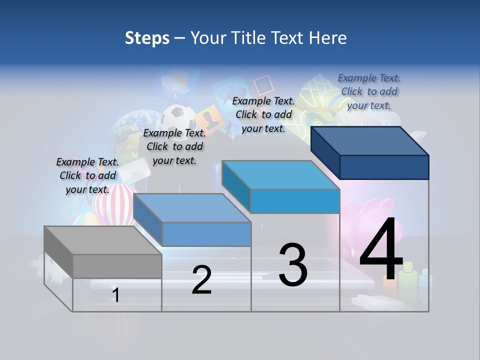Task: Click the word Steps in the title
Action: click(x=147, y=38)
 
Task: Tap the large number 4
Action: click(x=381, y=250)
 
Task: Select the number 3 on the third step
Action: click(x=293, y=265)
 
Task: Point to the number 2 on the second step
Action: click(x=201, y=280)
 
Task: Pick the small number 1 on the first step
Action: click(x=116, y=295)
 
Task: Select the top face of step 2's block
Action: click(x=192, y=207)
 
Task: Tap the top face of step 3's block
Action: click(x=280, y=175)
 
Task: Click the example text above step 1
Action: click(x=87, y=175)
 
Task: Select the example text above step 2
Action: click(x=174, y=146)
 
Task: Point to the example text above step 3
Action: click(x=263, y=114)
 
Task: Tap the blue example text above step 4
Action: click(x=369, y=91)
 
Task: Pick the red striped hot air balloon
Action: click(x=112, y=202)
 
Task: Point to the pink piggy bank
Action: click(x=382, y=210)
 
